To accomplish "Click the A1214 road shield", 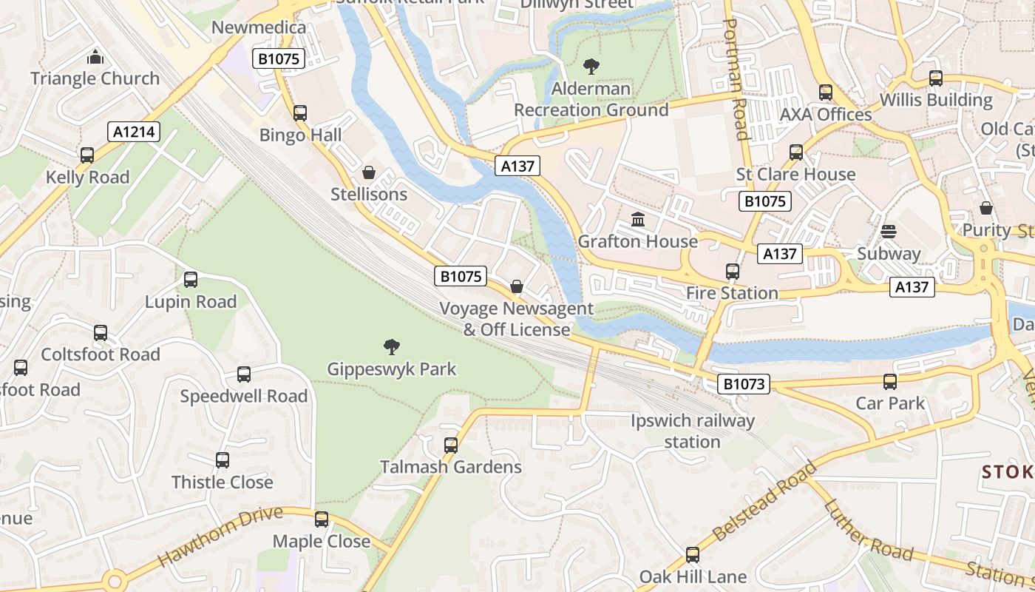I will coord(134,132).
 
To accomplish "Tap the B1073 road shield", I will coord(744,383).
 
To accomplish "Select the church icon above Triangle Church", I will coord(95,57).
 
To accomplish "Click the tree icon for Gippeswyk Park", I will coord(392,346).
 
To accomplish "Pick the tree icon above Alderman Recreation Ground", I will coord(591,67).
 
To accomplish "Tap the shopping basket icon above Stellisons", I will coord(368,172).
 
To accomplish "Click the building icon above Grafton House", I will coord(637,220).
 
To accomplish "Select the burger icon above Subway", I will coord(889,232).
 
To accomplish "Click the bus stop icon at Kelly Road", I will coord(87,155).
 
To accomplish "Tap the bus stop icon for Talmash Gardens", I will coord(451,445).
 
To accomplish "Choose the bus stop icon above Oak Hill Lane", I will coord(693,554).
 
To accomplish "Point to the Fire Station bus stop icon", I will coord(732,272).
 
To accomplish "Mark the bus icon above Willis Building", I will coord(936,78).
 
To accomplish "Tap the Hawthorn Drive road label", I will coord(220,536).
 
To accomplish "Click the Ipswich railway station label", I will coord(692,431).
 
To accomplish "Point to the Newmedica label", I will coord(258,27).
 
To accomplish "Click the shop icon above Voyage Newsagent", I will coord(517,286).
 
